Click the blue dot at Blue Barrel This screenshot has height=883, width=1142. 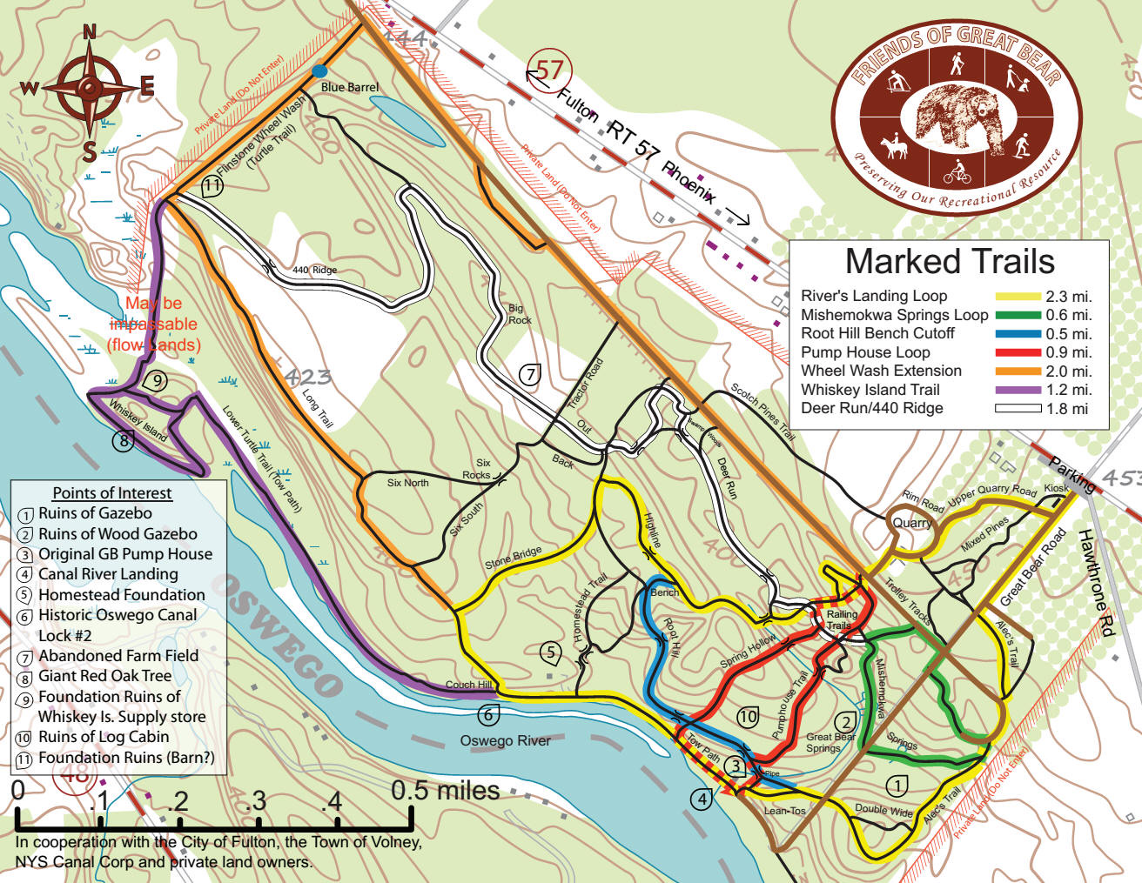319,70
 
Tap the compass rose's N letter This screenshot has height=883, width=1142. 89,33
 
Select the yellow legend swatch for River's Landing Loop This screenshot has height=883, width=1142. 1018,297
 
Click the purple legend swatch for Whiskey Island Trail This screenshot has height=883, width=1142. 1018,391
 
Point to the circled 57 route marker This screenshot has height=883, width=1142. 550,69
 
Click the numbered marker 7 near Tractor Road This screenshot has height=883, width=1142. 530,374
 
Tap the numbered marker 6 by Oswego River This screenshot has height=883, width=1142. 488,715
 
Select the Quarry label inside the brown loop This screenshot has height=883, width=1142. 911,523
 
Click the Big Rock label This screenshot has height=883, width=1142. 520,314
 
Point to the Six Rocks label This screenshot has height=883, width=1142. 479,469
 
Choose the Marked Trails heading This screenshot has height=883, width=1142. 949,262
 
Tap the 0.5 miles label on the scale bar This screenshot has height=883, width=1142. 445,791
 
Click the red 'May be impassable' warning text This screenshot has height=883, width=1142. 154,324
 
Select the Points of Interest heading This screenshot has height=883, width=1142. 112,493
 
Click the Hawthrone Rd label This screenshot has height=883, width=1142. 1096,582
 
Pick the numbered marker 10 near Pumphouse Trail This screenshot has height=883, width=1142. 748,717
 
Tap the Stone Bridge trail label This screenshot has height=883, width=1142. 513,559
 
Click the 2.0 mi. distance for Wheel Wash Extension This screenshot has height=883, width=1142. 1069,371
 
